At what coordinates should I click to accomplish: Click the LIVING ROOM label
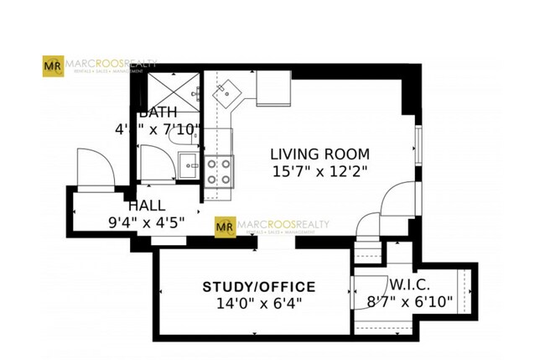(319, 154)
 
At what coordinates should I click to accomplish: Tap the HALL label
(146, 206)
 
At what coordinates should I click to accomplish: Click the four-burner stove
(219, 171)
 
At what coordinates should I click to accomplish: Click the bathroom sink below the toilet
(190, 164)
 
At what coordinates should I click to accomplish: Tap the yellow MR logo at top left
(52, 65)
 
